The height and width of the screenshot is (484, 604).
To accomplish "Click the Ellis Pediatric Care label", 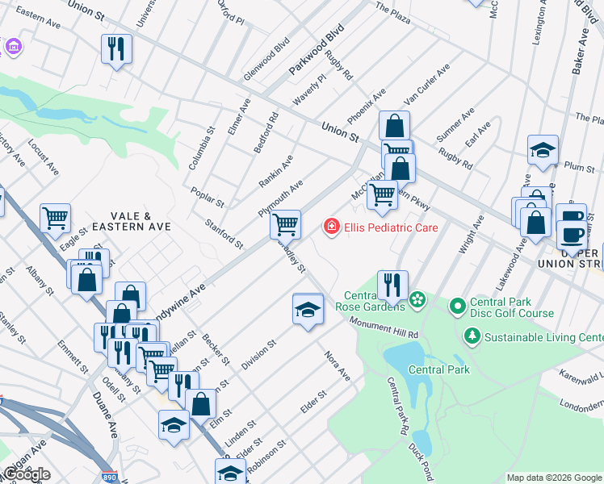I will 391,227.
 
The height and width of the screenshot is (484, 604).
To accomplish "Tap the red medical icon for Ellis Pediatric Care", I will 330,227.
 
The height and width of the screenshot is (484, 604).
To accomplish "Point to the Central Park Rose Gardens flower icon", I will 417,301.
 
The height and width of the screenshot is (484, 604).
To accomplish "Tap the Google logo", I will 27,474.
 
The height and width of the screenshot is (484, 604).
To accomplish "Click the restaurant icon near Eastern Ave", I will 116,49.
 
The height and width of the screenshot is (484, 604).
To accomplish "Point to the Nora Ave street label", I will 338,365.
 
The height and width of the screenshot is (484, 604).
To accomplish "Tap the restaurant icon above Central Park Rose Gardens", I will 392,284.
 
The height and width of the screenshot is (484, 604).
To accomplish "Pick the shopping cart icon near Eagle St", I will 56,218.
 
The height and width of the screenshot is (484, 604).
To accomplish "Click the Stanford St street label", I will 224,233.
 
